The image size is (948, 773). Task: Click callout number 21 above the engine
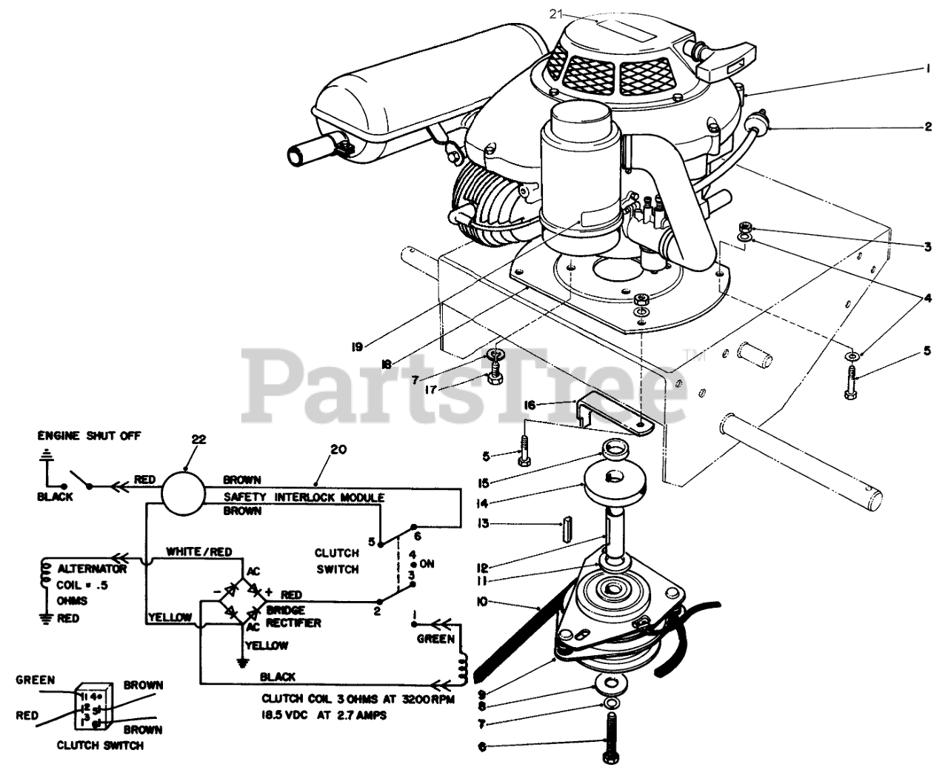(557, 13)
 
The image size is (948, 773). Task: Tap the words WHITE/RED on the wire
(199, 551)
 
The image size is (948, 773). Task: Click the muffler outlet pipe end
(297, 156)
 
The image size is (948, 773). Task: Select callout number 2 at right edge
(927, 127)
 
